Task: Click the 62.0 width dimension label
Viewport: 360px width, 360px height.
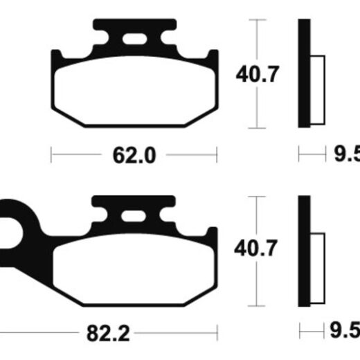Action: pyautogui.click(x=134, y=155)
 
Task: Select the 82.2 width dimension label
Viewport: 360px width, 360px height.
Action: pyautogui.click(x=108, y=334)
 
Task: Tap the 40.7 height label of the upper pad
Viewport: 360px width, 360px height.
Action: pyautogui.click(x=258, y=74)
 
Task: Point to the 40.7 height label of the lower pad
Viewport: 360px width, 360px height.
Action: pyautogui.click(x=255, y=248)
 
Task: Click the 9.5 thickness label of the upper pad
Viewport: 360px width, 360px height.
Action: pyautogui.click(x=347, y=154)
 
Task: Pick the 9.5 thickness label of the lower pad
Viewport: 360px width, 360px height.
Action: pyautogui.click(x=345, y=330)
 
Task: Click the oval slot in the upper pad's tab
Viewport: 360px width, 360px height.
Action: pyautogui.click(x=134, y=39)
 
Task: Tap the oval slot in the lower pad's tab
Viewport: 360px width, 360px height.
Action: pyautogui.click(x=134, y=217)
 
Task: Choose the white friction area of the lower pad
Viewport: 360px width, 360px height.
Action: pyautogui.click(x=134, y=268)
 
